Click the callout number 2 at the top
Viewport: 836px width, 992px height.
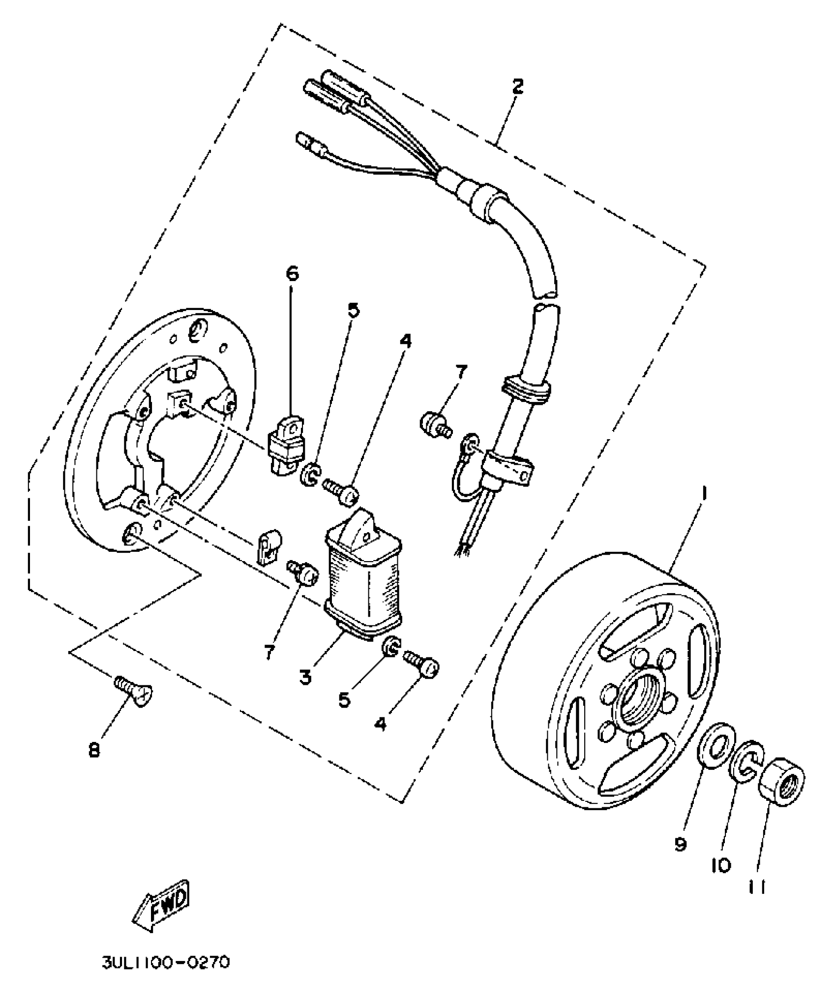pyautogui.click(x=517, y=87)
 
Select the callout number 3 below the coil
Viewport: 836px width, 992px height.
pyautogui.click(x=305, y=678)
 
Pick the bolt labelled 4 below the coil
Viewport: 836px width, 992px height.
pyautogui.click(x=422, y=665)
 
